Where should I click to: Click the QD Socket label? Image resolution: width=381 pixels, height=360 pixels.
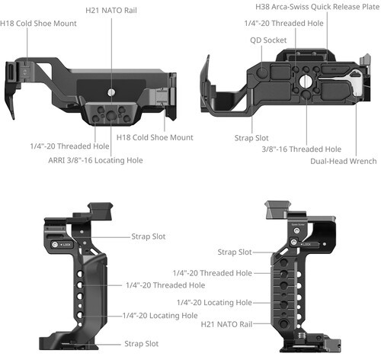pos(268,40)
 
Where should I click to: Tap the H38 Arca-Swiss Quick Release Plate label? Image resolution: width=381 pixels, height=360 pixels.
pos(317,7)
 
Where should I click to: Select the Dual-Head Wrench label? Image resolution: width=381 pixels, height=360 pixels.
pos(344,161)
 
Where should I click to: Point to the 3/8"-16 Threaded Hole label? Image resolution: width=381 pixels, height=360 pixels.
pos(302,149)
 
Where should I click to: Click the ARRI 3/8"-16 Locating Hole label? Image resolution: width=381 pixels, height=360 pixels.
pos(95,160)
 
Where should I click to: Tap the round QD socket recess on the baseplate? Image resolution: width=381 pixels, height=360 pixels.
pos(262,72)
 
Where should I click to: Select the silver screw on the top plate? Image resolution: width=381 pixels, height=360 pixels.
pos(110,92)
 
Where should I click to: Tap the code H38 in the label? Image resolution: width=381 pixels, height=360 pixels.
pos(262,7)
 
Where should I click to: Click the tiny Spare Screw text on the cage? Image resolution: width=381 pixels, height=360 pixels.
pos(298,225)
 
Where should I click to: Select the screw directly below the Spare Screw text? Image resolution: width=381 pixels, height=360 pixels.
pos(296,231)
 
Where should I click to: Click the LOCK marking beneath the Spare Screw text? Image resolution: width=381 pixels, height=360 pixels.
pos(307,244)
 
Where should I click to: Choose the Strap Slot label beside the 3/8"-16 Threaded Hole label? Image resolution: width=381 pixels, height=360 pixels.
pos(251,138)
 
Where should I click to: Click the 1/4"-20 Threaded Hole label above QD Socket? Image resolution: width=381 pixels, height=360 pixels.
pos(283,24)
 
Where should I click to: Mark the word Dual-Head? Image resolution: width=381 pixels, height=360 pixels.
pos(328,161)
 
